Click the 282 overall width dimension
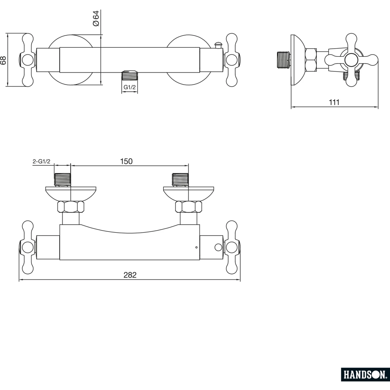(130, 275)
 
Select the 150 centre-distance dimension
(126, 161)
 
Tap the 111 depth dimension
(334, 102)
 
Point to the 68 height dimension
(3, 60)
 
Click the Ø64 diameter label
(96, 18)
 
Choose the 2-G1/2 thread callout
(41, 161)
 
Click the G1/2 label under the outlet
(129, 87)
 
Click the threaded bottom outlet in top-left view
(129, 75)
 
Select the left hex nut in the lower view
(71, 207)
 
